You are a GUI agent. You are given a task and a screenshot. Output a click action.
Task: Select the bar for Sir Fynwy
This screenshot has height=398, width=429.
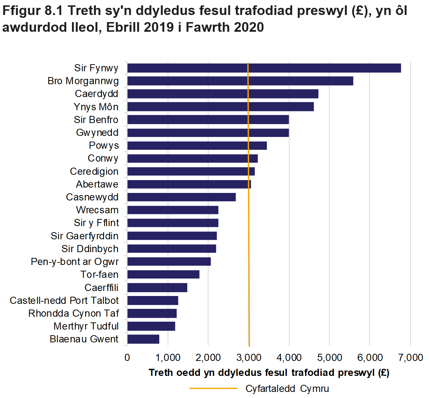(x=264, y=68)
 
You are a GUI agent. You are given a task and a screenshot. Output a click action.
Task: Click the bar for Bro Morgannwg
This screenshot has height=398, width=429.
(x=240, y=81)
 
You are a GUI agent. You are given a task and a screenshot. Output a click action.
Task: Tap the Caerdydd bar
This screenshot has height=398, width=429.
(x=222, y=94)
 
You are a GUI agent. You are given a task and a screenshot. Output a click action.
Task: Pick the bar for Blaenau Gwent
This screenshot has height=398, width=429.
(x=143, y=339)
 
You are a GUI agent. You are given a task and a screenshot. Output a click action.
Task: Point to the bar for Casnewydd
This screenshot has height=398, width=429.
(x=181, y=197)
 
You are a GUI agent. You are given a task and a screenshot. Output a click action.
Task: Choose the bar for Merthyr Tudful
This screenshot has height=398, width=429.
(x=151, y=326)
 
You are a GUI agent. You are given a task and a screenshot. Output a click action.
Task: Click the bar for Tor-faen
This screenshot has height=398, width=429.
(x=163, y=274)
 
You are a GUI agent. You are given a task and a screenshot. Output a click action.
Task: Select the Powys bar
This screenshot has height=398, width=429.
(x=197, y=146)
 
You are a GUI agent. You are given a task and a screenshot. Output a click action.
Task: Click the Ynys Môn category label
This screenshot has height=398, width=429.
(x=96, y=107)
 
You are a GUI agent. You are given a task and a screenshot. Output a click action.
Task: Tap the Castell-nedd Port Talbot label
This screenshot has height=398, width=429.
(x=64, y=301)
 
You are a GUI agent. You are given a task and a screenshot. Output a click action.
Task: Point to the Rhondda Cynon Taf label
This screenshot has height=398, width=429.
(x=73, y=313)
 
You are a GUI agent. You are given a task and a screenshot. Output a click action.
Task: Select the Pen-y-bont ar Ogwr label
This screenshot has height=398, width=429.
(x=74, y=262)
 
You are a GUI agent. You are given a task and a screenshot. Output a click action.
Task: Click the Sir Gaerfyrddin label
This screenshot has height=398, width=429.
(x=84, y=236)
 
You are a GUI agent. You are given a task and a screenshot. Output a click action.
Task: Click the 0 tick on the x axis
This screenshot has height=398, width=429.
(x=127, y=357)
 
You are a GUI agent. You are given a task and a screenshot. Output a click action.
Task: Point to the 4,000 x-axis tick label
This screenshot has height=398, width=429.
(x=289, y=357)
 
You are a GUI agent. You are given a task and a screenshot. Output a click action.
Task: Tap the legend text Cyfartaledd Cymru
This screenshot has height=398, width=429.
(x=287, y=388)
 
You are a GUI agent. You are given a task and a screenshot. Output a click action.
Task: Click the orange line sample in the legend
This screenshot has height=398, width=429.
(x=213, y=388)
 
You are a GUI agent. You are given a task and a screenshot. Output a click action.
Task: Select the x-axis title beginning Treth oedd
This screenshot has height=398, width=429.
(x=269, y=373)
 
